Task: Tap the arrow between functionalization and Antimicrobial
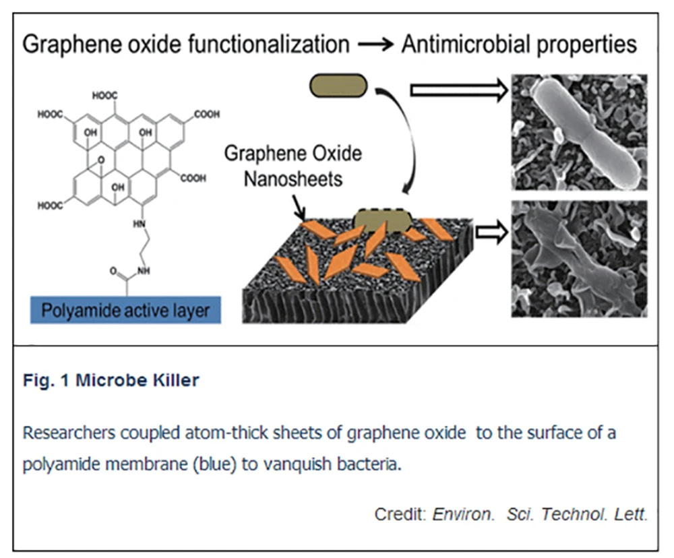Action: pos(376,46)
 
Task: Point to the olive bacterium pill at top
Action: pos(338,86)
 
